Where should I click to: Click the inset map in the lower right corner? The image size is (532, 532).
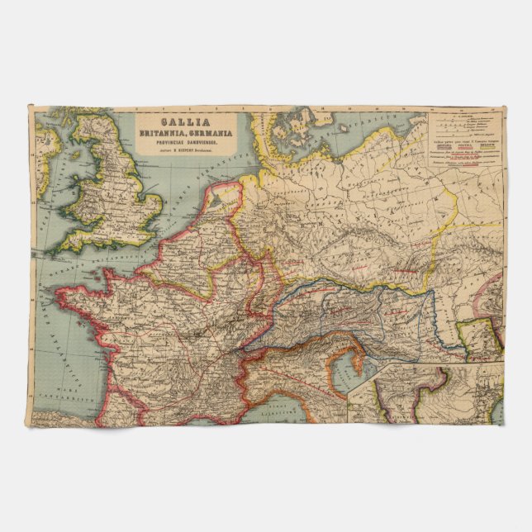coord(425,392)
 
